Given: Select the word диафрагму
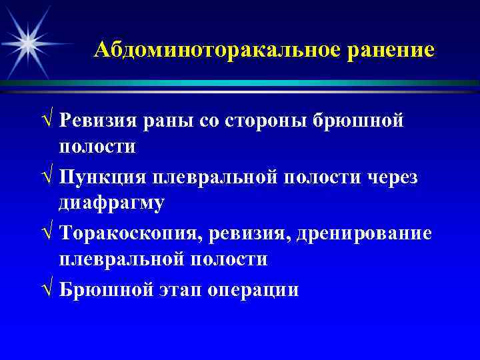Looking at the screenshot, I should click(111, 203).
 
